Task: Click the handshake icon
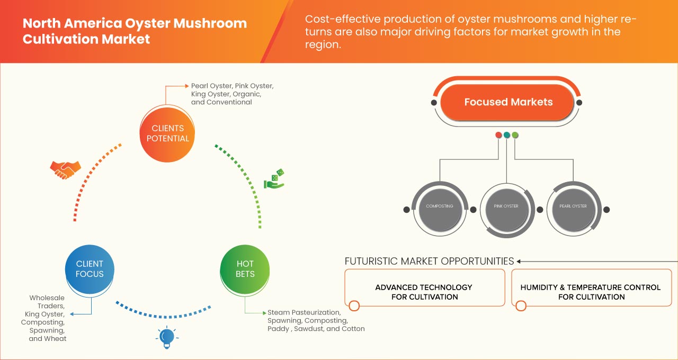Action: (65, 169)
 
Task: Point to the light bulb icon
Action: (167, 337)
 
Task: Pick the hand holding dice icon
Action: (274, 179)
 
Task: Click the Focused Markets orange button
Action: (508, 102)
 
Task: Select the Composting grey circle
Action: (440, 206)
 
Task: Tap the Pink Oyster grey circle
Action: (506, 206)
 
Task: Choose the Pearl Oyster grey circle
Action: (573, 206)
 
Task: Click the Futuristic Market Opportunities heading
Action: (429, 261)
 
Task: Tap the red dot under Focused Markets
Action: (498, 135)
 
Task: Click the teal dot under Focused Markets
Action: (507, 135)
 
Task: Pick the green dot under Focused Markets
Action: (515, 135)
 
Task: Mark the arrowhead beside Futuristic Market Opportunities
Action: (519, 261)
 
